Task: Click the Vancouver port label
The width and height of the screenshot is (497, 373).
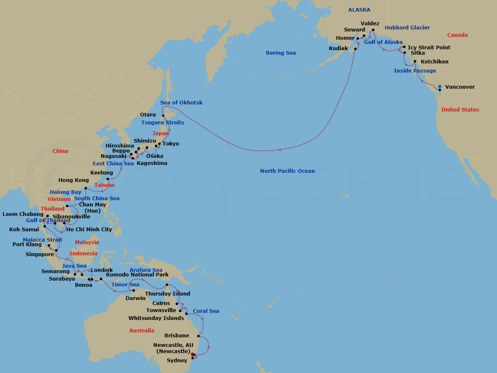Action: [x=460, y=87]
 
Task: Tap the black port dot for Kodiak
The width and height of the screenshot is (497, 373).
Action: [x=355, y=48]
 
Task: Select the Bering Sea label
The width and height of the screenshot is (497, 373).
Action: [x=281, y=53]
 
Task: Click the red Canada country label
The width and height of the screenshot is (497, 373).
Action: [x=457, y=35]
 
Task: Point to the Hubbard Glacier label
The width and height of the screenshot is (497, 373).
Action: [x=407, y=28]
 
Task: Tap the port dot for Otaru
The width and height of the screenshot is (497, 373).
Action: [x=163, y=116]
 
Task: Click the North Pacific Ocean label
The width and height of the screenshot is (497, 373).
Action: [x=287, y=171]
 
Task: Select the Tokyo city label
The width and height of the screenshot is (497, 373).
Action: [x=171, y=144]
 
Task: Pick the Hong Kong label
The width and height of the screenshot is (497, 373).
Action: [x=73, y=180]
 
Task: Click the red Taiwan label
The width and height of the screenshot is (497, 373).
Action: [x=104, y=185]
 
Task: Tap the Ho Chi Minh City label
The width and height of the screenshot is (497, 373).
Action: [x=89, y=230]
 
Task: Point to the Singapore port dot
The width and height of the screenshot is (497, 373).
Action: [x=56, y=251]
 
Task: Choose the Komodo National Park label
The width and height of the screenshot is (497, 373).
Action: [x=137, y=275]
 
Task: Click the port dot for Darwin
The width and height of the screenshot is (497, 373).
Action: [x=134, y=291]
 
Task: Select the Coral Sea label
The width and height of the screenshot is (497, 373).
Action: [x=206, y=311]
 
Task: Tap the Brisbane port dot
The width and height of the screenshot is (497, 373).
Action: [x=199, y=336]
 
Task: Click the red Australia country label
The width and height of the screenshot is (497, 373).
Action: [x=142, y=331]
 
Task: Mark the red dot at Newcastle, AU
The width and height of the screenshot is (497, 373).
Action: [x=193, y=354]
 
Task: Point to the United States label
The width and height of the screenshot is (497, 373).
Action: [x=460, y=110]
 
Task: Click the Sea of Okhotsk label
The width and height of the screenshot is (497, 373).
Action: [x=181, y=103]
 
